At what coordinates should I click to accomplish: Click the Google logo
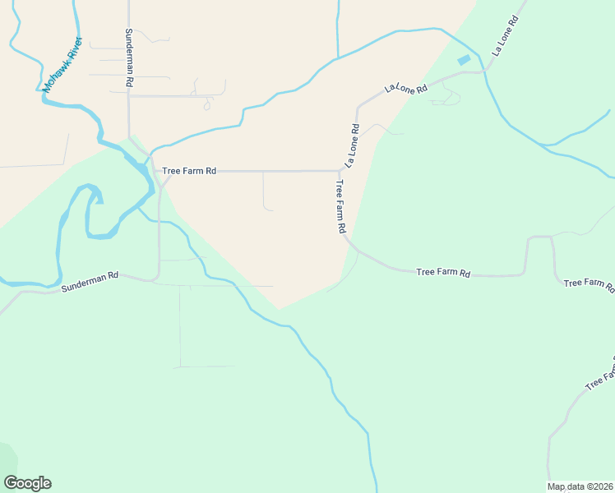pos(27,483)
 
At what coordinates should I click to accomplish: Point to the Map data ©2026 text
pos(580,486)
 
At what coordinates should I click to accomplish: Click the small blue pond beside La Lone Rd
pos(465,59)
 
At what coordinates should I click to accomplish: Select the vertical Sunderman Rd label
pos(129,58)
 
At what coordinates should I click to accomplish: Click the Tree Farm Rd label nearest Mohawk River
pos(189,171)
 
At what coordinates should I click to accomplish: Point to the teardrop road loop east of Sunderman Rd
pos(207,104)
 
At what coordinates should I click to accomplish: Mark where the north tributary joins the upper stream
pos(337,58)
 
